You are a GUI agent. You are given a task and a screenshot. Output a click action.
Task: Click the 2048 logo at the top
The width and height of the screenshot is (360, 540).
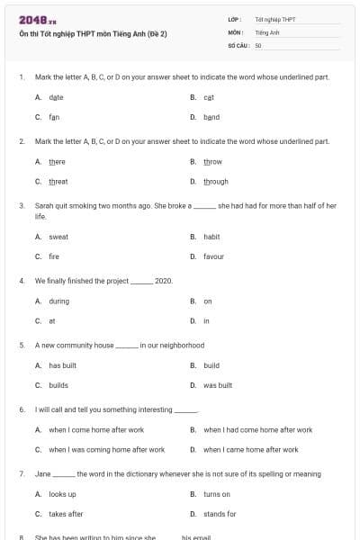[x=32, y=20]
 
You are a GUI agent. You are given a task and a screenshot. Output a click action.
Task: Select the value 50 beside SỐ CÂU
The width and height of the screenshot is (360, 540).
[x=258, y=44]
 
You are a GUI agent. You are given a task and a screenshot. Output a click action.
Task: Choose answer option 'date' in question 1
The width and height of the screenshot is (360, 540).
[x=56, y=96]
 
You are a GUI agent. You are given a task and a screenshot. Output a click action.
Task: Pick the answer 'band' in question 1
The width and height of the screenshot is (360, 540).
[x=211, y=117]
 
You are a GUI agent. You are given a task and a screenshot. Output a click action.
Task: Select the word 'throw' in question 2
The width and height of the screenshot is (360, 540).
[x=212, y=161]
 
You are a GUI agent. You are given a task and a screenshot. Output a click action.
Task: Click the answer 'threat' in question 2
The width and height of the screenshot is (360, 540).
[x=58, y=181]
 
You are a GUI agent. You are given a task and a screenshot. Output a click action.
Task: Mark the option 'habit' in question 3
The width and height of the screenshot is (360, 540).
[x=211, y=237]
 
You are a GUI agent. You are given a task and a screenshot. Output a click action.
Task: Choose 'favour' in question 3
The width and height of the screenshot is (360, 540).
[x=213, y=256]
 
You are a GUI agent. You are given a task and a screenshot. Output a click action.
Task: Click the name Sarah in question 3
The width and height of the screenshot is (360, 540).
[x=44, y=205]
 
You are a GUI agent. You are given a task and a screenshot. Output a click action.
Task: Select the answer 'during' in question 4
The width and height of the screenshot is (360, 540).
[x=58, y=301]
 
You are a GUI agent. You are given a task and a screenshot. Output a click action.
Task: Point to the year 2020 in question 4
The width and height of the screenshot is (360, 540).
[x=163, y=281]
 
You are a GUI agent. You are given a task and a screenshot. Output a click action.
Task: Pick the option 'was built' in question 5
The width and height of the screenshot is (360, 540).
[x=218, y=385]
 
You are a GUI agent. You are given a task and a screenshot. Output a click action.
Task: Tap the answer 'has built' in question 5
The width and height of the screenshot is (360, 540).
[x=62, y=365]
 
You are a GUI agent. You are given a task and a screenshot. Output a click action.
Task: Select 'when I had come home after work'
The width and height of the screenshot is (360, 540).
[x=257, y=429]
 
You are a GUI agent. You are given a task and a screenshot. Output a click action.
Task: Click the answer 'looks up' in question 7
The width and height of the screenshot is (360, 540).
[x=62, y=494]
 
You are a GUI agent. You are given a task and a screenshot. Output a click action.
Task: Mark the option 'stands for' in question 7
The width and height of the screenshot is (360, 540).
[x=220, y=514]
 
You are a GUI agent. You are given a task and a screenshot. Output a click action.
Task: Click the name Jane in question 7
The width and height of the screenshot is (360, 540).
[x=42, y=473]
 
